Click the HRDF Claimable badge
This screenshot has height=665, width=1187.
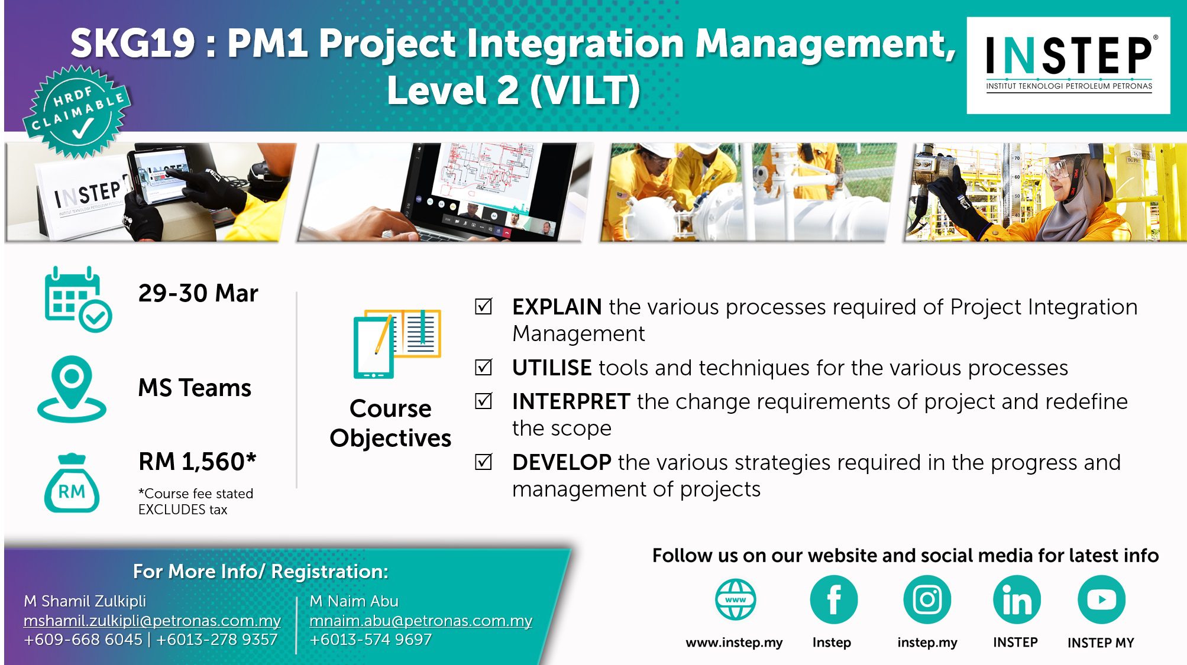[77, 112]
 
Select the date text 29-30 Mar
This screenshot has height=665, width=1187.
[198, 293]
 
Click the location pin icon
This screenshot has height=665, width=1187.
[72, 389]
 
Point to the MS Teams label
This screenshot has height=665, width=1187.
[195, 388]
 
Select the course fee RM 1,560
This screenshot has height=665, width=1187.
[198, 462]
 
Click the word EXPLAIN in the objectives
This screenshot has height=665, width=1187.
[557, 307]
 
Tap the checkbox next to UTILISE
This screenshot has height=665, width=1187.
[484, 367]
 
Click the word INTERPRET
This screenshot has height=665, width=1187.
[571, 401]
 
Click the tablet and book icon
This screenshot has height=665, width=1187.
[397, 343]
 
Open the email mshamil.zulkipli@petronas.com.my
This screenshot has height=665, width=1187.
[152, 621]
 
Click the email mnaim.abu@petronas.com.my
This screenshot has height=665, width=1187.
[421, 621]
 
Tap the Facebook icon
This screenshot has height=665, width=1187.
[834, 599]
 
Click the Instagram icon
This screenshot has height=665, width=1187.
[927, 599]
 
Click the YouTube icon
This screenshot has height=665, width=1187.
[1101, 599]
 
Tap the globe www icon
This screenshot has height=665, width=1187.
[735, 599]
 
